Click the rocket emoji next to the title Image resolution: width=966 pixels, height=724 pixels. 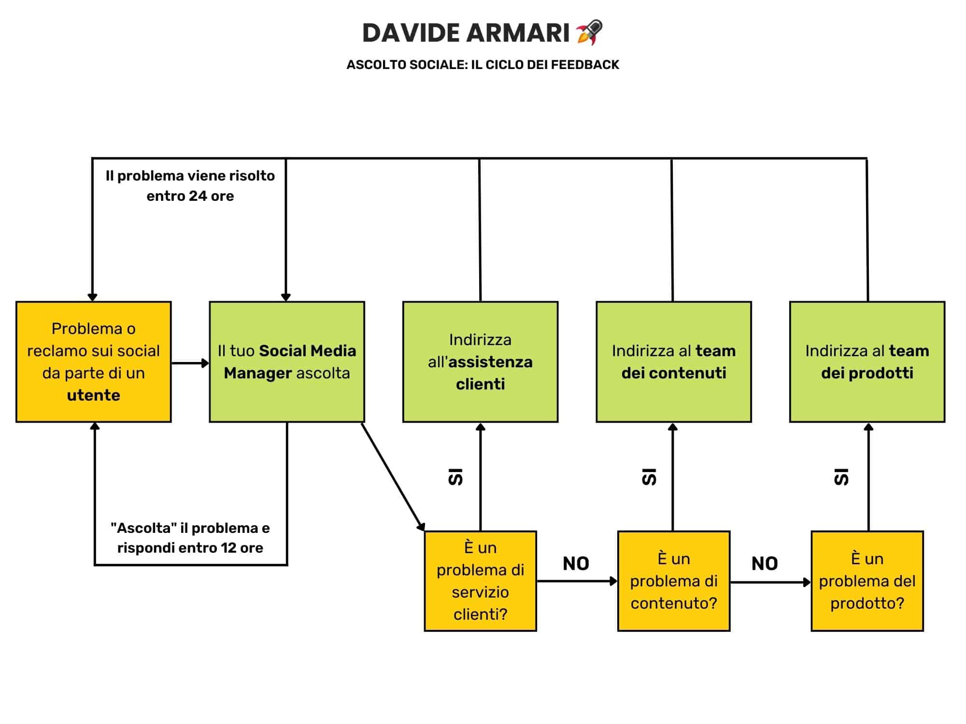[589, 32]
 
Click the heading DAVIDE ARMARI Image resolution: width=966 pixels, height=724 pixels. [466, 33]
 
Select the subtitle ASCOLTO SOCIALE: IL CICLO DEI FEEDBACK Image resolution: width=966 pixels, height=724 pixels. [483, 65]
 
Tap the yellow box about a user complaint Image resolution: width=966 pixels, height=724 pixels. [94, 362]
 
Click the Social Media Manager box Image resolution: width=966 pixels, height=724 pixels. [287, 362]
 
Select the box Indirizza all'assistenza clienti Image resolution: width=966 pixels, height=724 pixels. [481, 362]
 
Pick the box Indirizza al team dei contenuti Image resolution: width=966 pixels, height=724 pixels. [674, 362]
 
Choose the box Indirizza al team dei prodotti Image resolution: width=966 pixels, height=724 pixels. [867, 362]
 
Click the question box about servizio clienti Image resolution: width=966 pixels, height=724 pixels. [481, 581]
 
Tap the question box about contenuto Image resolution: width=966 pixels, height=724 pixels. [674, 581]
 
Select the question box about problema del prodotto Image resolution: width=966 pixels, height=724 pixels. [867, 581]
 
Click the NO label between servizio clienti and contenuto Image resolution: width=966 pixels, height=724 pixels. [576, 563]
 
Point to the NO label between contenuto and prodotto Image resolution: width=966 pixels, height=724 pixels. [765, 563]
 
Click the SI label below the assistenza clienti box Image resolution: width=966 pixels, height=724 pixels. [455, 477]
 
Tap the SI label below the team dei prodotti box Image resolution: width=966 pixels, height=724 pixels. [841, 477]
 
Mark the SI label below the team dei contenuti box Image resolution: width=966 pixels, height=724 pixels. [649, 477]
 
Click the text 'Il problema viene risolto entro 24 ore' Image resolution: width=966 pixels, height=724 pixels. [190, 186]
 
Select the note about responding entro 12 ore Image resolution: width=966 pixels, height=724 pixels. [190, 538]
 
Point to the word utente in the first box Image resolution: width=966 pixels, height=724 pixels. [94, 395]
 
